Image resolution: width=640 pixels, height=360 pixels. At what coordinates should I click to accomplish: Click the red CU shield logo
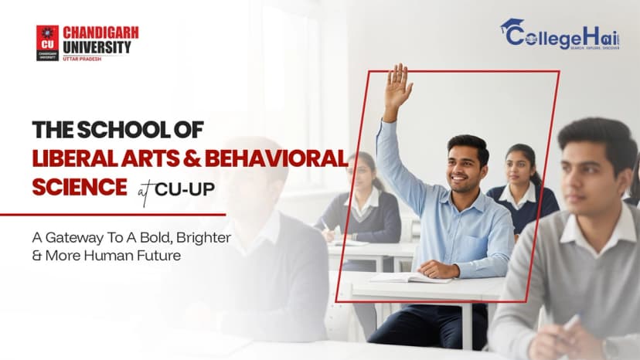(x=47, y=42)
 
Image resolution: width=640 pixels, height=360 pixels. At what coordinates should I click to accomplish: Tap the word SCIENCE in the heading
(x=80, y=186)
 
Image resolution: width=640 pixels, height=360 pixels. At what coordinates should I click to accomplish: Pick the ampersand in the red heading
(x=191, y=158)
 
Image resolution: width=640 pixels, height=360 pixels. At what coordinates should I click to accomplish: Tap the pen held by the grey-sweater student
(x=570, y=323)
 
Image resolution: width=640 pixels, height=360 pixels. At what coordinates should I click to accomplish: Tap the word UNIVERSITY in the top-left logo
(x=97, y=47)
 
